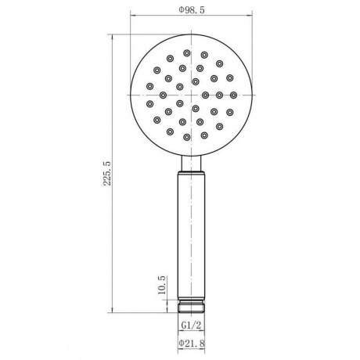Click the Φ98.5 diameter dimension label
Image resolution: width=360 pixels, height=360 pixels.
tap(192, 10)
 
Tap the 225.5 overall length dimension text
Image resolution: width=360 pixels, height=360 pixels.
tap(107, 173)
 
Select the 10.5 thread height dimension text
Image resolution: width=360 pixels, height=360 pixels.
tap(162, 285)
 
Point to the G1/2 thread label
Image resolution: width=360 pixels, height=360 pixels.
tap(191, 326)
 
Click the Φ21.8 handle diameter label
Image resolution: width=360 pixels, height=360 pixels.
tap(192, 343)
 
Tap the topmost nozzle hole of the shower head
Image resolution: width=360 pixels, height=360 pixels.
tap(186, 53)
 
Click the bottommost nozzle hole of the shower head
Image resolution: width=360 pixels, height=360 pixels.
tap(186, 137)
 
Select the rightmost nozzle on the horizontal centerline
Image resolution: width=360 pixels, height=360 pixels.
tap(233, 95)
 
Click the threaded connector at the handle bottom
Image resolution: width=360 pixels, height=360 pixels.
tap(192, 306)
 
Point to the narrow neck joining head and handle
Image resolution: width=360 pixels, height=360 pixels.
tap(192, 164)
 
